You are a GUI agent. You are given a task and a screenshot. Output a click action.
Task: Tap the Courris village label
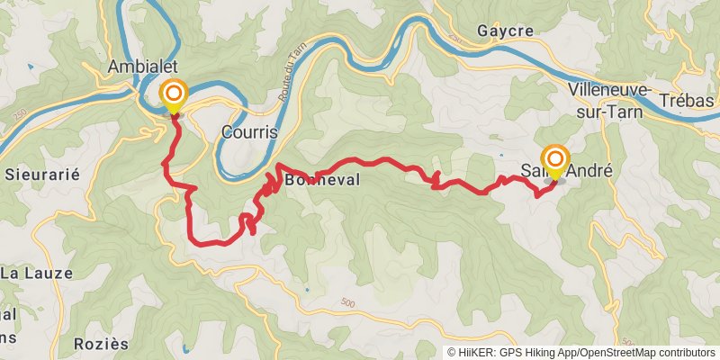click(248, 132)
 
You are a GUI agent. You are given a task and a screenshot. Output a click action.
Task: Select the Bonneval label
click(321, 180)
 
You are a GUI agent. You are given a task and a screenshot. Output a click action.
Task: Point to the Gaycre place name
click(506, 31)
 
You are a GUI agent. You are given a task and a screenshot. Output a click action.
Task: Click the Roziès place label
click(102, 344)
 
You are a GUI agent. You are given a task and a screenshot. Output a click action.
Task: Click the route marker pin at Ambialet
click(173, 94)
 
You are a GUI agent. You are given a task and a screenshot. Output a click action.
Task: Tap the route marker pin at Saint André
click(553, 160)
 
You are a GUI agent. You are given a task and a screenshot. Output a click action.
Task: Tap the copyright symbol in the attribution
click(452, 352)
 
